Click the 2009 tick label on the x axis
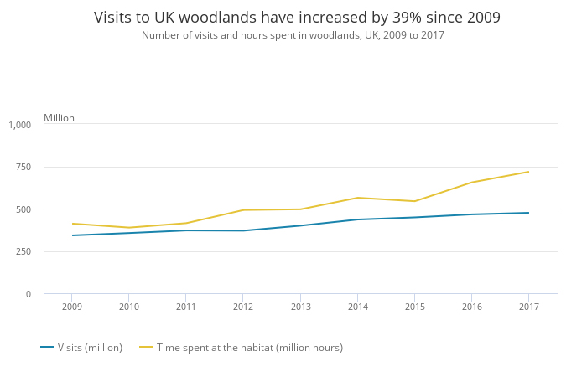(x=72, y=307)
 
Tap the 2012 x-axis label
(x=243, y=307)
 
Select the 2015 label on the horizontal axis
(x=414, y=307)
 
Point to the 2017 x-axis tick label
(x=528, y=307)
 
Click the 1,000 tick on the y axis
(x=20, y=125)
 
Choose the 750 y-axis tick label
(x=23, y=167)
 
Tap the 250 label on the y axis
(x=23, y=251)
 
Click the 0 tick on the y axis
(x=28, y=294)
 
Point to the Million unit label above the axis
(x=59, y=118)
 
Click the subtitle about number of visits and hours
(x=293, y=35)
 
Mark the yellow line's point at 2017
(x=528, y=172)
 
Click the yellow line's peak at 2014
(x=357, y=198)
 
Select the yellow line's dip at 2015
(x=414, y=201)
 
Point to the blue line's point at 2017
(x=528, y=213)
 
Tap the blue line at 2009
(x=72, y=235)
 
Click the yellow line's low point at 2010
(x=129, y=228)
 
